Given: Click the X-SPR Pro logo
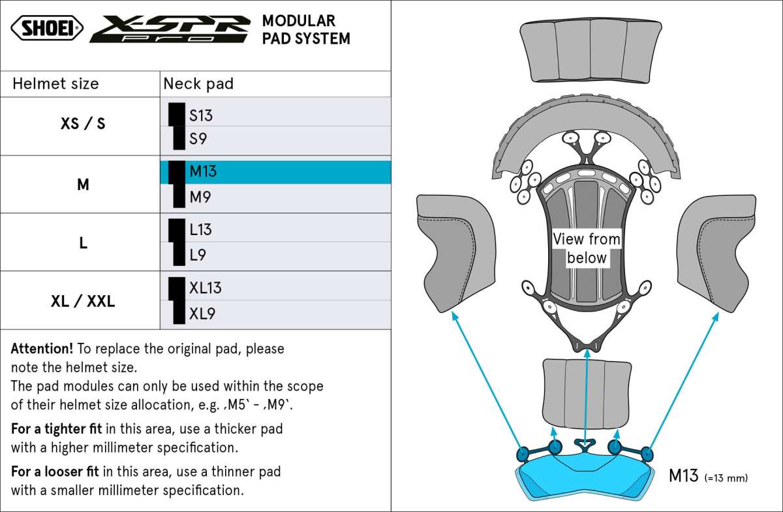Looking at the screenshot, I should pos(170,29).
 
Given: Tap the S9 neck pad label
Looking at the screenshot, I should pos(198,139).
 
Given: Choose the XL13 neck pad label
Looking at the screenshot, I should pos(206,288).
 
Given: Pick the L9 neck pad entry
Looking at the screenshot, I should pos(198,255).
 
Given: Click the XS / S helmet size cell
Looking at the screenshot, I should pos(83,123).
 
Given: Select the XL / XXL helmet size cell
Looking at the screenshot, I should pos(83,301).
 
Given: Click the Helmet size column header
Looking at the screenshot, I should pos(56,84).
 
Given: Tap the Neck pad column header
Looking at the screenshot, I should pos(198,84).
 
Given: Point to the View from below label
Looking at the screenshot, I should pos(587,248).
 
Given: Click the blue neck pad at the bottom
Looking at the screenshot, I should pos(585,474).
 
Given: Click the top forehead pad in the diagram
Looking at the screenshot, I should pos(591,50).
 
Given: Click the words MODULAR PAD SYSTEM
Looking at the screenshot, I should pos(305,30).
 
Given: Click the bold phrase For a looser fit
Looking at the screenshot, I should pos(55,471).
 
